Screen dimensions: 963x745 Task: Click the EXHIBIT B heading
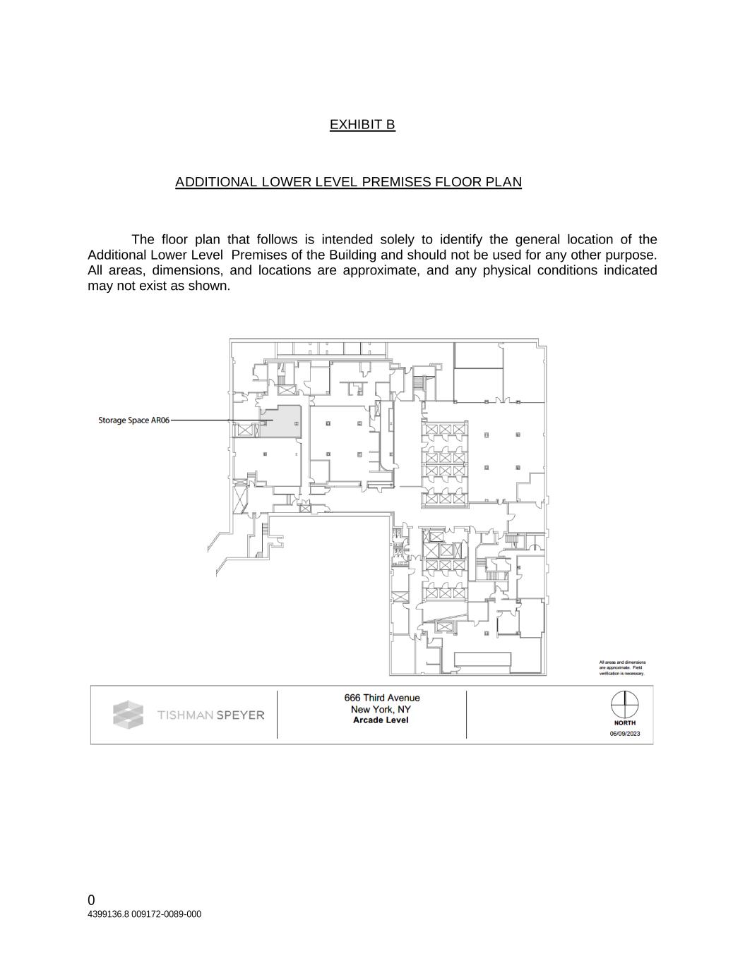click(362, 125)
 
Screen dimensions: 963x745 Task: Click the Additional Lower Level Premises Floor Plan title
click(348, 182)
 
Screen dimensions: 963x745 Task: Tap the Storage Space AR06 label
click(133, 420)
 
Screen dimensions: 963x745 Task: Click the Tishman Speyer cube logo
click(128, 715)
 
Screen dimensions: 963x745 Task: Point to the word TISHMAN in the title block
click(185, 715)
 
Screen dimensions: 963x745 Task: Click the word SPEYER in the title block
click(241, 715)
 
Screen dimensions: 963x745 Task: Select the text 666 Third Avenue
click(381, 698)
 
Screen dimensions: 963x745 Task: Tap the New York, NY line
click(381, 709)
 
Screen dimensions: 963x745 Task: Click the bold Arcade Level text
click(381, 720)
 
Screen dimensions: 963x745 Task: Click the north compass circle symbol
click(624, 703)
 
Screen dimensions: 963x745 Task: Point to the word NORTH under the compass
click(624, 723)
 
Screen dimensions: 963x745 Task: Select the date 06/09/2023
click(625, 734)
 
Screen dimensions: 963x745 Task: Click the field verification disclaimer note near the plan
click(622, 668)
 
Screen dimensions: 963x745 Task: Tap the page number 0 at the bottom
click(91, 900)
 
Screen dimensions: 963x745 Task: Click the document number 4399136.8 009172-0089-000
click(144, 914)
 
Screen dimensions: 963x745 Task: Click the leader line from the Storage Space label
click(212, 420)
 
